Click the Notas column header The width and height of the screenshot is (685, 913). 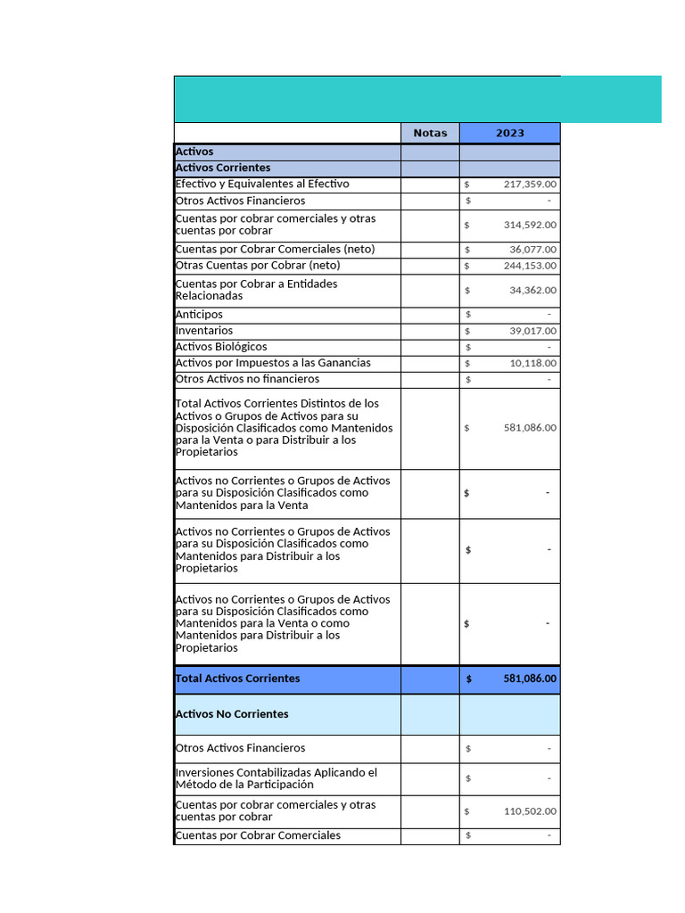pos(430,133)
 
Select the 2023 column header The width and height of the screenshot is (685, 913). pos(509,133)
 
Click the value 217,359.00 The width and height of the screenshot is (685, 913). pos(530,185)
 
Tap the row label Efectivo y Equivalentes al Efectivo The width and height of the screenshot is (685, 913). pos(262,185)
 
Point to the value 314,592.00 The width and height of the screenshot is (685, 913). pos(530,226)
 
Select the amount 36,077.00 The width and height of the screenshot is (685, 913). pos(533,250)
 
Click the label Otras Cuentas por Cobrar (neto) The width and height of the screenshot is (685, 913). pos(258,266)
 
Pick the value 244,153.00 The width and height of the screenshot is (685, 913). pos(530,266)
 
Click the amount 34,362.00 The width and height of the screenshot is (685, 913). pos(533,291)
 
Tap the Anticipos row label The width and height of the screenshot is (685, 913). pos(200,315)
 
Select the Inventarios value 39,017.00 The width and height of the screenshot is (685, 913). pos(533,331)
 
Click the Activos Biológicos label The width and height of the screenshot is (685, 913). pos(221,347)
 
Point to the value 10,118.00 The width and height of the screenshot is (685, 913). pos(533,363)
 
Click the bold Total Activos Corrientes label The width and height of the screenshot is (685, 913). pos(238,679)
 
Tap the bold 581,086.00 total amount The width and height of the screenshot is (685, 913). pos(530,679)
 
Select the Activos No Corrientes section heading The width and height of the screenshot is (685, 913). pos(232,714)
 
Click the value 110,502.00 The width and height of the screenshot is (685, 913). pos(530,811)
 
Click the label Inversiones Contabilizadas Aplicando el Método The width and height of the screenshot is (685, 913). pos(276,778)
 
